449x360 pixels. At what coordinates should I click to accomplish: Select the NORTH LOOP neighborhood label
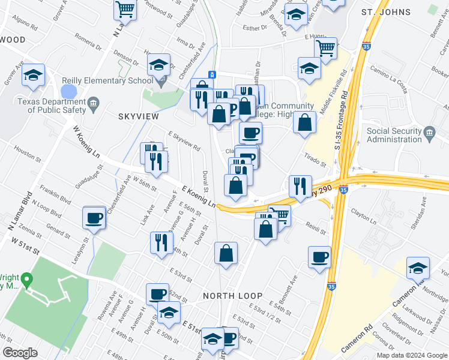point(232,296)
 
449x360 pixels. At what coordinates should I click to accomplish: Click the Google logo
point(20,353)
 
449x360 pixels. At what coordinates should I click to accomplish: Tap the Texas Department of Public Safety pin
point(93,106)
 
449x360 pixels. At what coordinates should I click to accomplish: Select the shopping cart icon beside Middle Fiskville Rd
point(325,48)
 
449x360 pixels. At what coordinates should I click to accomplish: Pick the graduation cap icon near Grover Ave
point(33,76)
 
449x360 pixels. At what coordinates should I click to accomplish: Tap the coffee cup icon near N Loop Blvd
point(94,217)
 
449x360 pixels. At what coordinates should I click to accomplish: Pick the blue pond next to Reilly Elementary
point(69,92)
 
